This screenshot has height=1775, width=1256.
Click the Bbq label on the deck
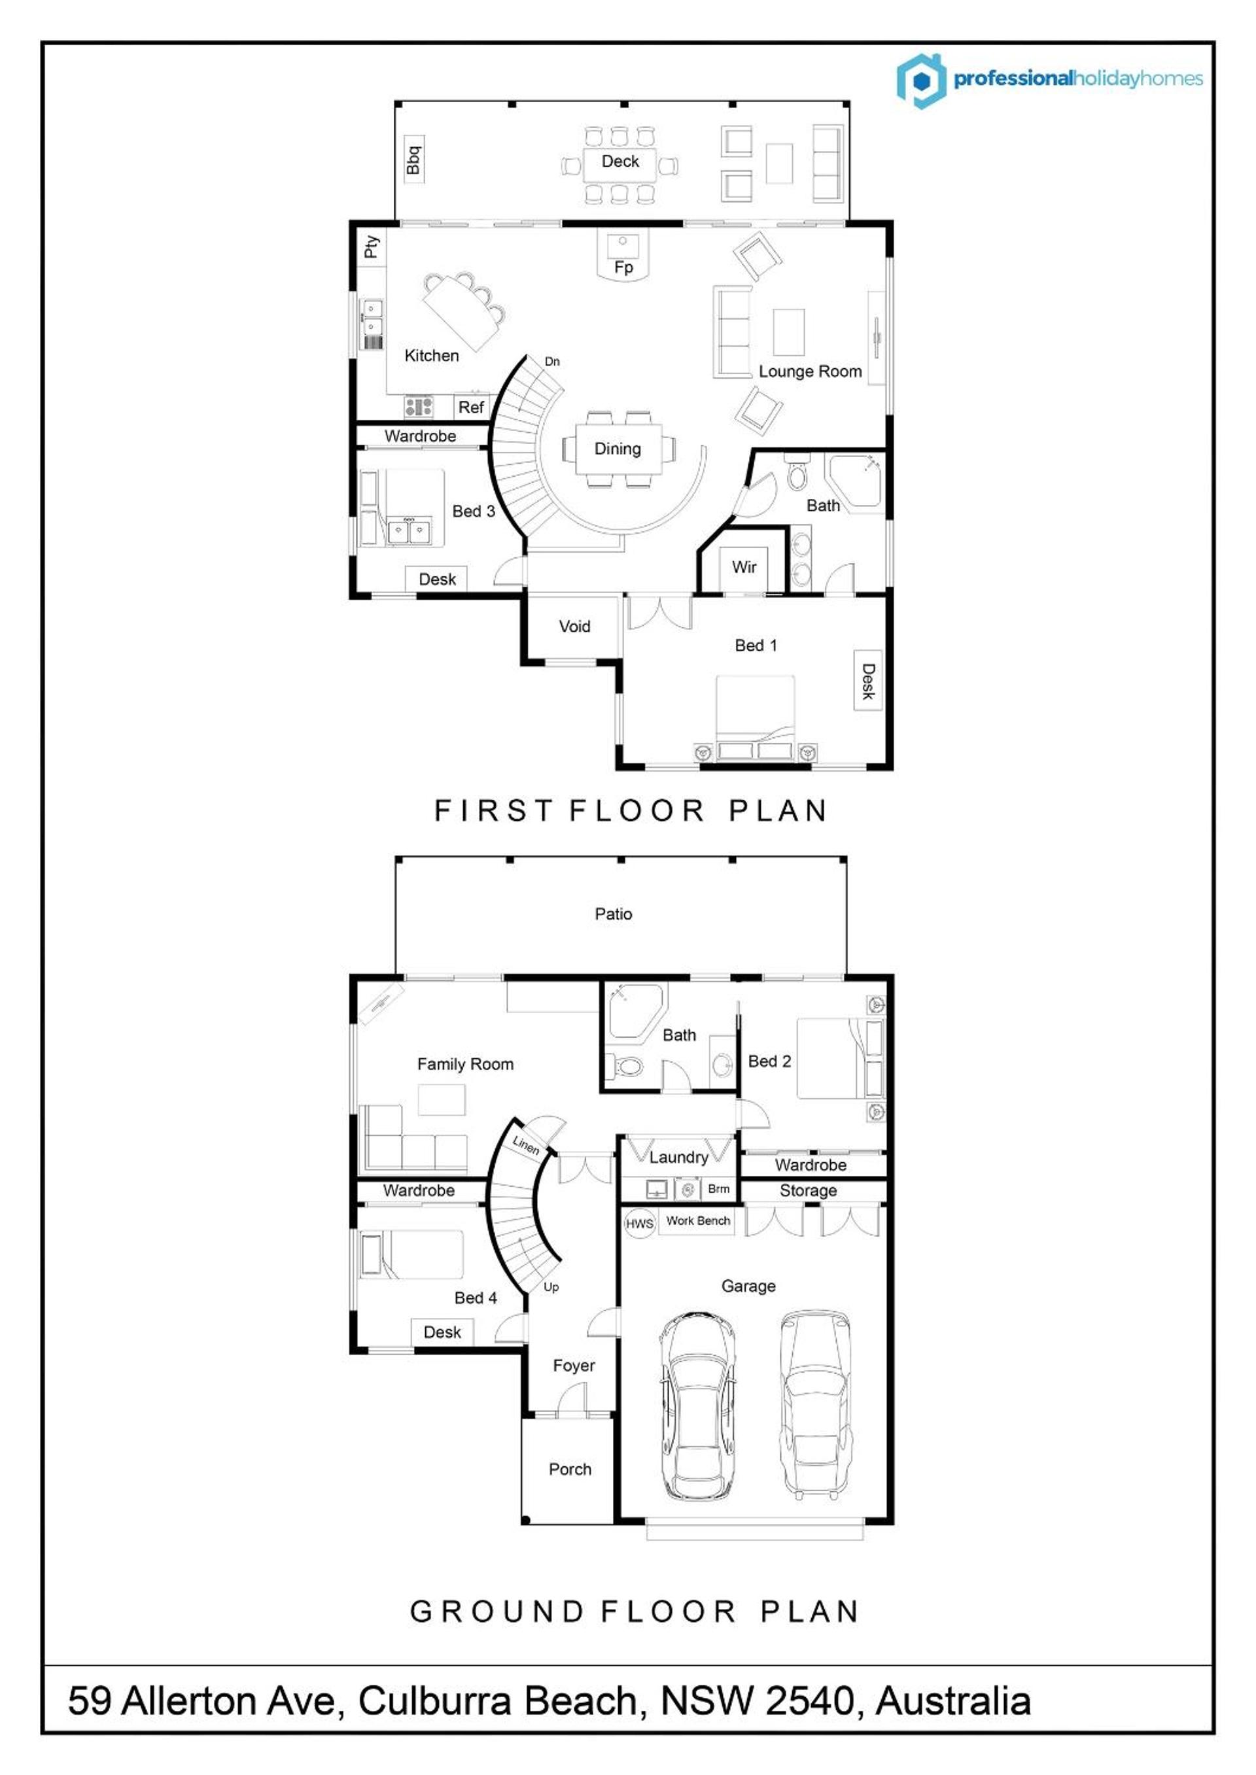(x=414, y=160)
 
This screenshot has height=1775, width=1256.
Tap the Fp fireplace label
(x=623, y=267)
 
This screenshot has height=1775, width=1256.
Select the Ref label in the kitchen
(x=471, y=407)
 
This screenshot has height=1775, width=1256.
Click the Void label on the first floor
(x=574, y=626)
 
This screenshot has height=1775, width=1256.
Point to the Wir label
(x=744, y=566)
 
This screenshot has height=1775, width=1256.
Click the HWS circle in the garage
(x=640, y=1224)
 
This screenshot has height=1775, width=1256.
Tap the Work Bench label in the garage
(x=699, y=1220)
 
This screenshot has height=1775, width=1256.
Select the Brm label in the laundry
(x=718, y=1189)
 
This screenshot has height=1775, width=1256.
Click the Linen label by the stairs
(x=526, y=1145)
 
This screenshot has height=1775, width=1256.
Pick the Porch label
(x=570, y=1469)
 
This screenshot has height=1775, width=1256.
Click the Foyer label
(x=574, y=1366)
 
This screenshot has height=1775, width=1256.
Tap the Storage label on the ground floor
(x=808, y=1190)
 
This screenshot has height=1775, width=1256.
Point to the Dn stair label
(x=552, y=361)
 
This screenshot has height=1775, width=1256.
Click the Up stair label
(x=551, y=1287)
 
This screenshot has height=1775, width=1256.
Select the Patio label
(x=614, y=914)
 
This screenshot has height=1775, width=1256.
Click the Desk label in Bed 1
(x=868, y=681)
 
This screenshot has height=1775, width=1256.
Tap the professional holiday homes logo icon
(x=921, y=80)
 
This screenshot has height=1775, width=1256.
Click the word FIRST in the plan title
(x=493, y=811)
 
